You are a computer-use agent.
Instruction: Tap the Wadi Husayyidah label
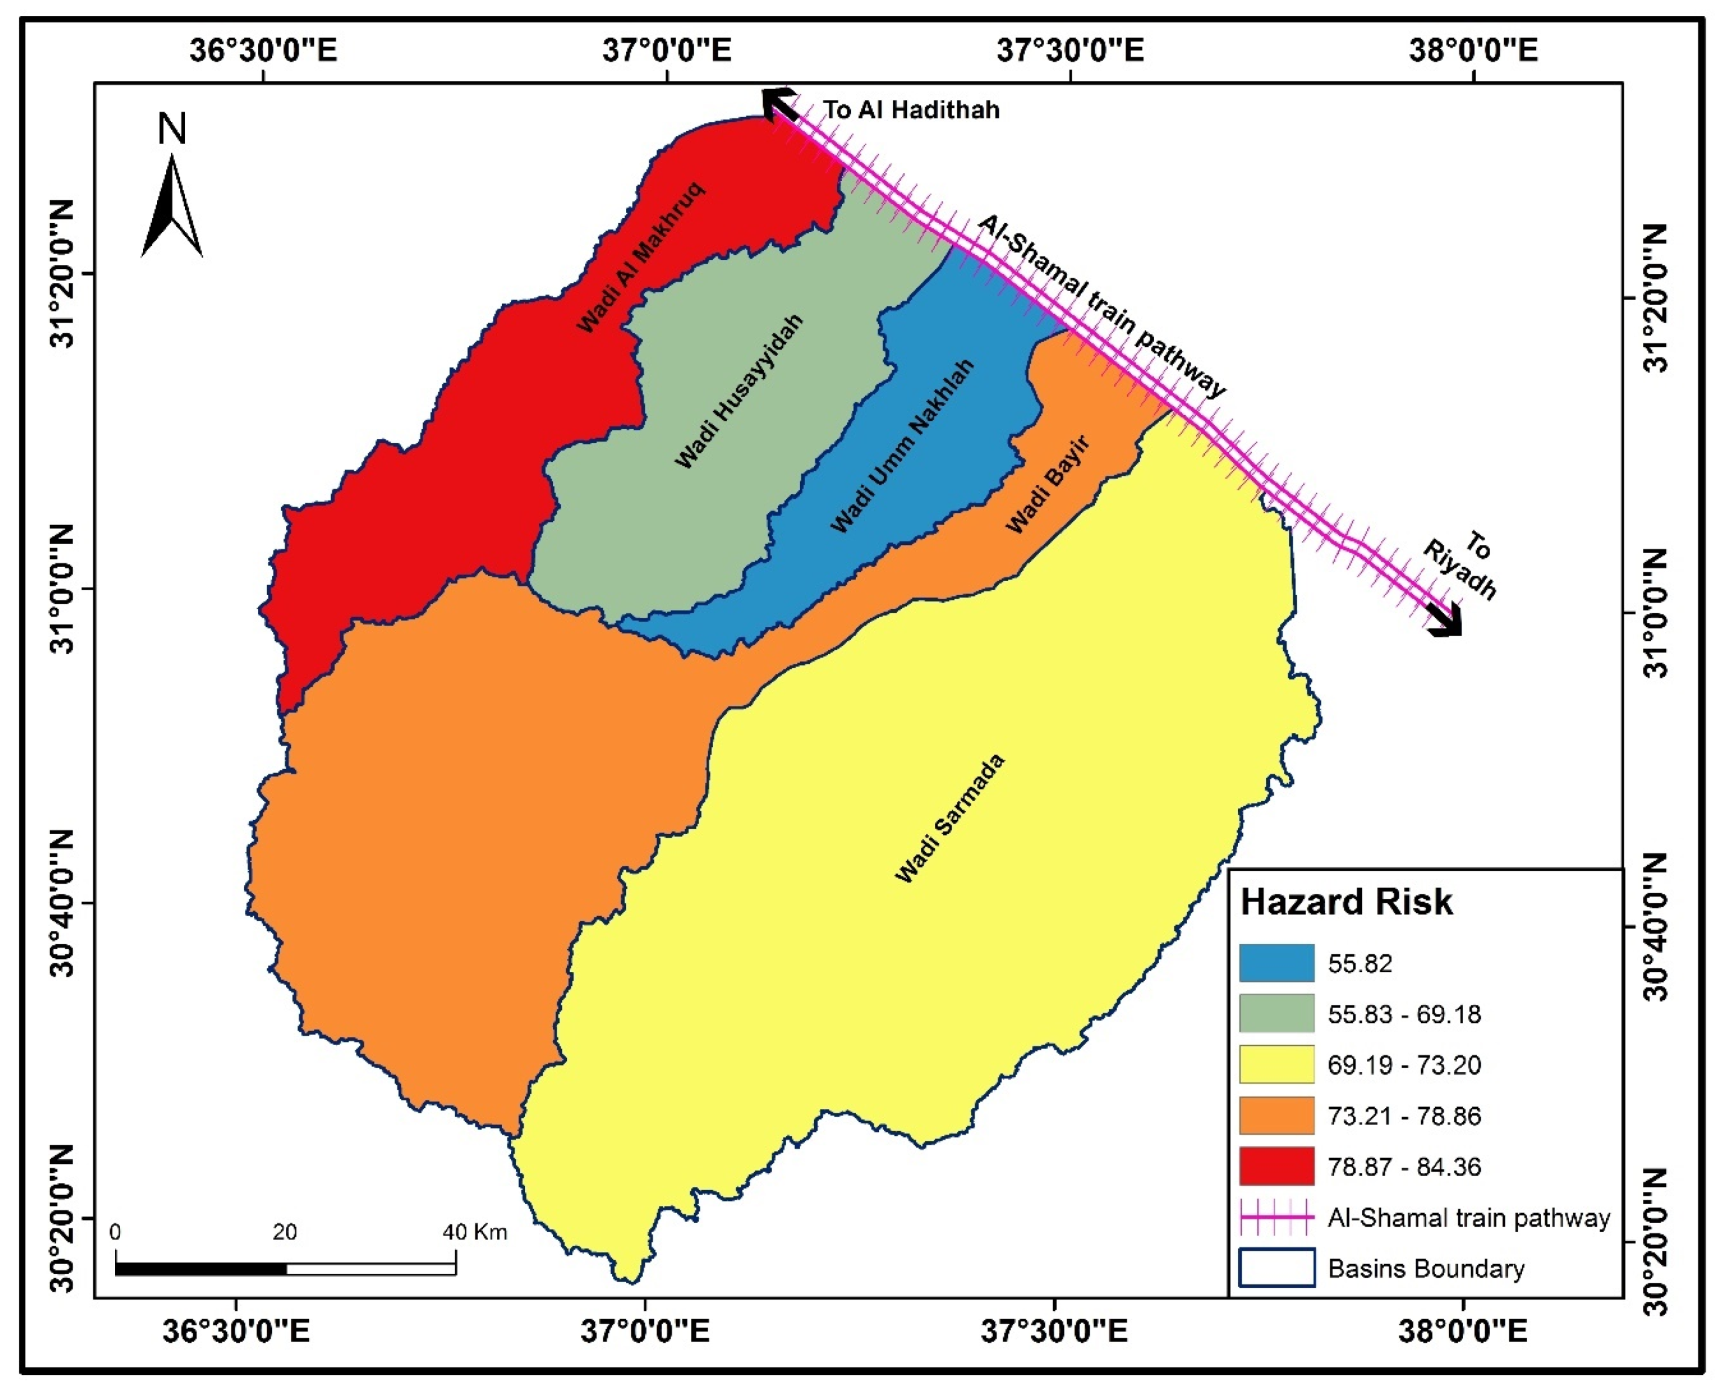point(738,392)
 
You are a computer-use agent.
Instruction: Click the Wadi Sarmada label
point(950,818)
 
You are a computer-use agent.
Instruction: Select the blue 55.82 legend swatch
point(1276,962)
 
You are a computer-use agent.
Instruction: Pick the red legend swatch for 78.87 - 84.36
point(1276,1166)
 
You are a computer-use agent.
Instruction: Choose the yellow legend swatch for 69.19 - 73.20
point(1276,1064)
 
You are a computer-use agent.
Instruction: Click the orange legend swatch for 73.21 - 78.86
point(1276,1115)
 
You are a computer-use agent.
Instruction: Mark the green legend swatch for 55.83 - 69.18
point(1276,1013)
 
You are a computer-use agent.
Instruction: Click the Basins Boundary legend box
point(1276,1268)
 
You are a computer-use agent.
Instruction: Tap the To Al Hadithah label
point(911,110)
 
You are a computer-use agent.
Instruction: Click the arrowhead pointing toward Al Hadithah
point(776,103)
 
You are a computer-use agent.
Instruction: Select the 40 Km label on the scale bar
point(475,1232)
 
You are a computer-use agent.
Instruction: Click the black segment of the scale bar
point(200,1269)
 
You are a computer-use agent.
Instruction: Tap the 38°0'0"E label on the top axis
point(1473,50)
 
